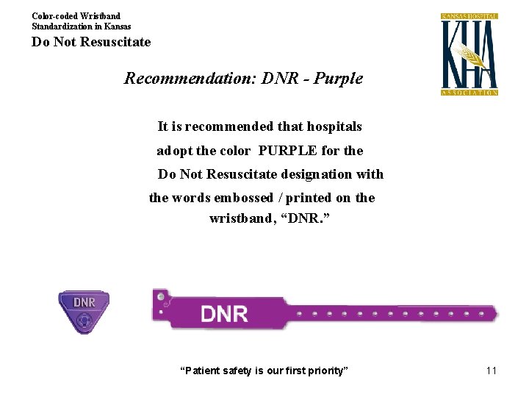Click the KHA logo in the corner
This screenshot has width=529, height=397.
pyautogui.click(x=469, y=54)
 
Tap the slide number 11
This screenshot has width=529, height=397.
pyautogui.click(x=492, y=371)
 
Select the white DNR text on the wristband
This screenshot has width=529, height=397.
pyautogui.click(x=224, y=314)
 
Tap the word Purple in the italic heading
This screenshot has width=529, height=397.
pyautogui.click(x=338, y=78)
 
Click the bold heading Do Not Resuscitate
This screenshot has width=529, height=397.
pyautogui.click(x=91, y=42)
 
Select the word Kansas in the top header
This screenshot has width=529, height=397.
pyautogui.click(x=117, y=26)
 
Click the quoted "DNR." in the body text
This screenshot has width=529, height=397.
pyautogui.click(x=311, y=219)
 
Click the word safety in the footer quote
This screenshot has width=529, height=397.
pyautogui.click(x=234, y=371)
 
